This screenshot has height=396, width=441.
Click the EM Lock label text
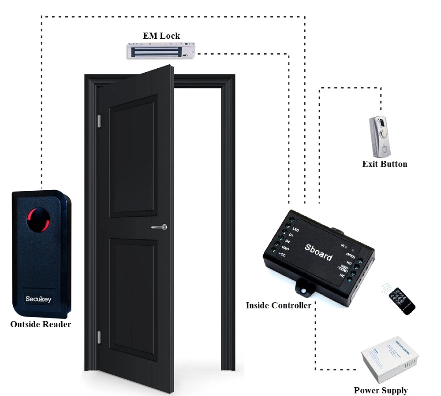(x=161, y=36)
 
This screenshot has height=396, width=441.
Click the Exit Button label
(x=385, y=164)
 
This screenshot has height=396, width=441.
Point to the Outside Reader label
(x=41, y=325)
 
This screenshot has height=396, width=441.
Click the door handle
(x=159, y=227)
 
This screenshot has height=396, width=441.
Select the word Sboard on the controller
(x=318, y=252)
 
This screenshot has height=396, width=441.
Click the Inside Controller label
(x=279, y=305)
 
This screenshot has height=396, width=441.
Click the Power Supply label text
(x=381, y=390)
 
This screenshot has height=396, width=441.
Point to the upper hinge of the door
(x=99, y=120)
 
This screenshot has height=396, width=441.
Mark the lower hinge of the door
(x=99, y=337)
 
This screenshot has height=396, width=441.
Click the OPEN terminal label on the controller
(x=351, y=255)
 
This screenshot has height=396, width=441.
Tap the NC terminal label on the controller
(x=342, y=276)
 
